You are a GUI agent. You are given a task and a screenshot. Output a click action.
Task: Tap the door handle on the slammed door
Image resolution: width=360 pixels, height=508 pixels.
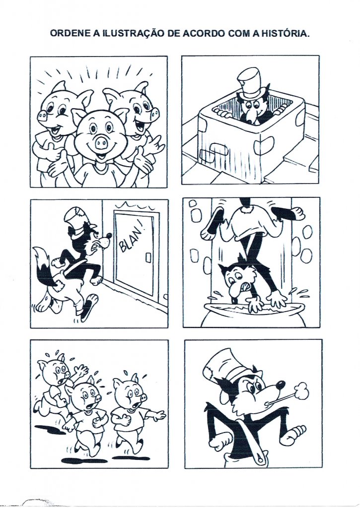(148, 257)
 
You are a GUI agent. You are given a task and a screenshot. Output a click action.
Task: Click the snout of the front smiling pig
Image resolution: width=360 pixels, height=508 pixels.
(100, 141)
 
